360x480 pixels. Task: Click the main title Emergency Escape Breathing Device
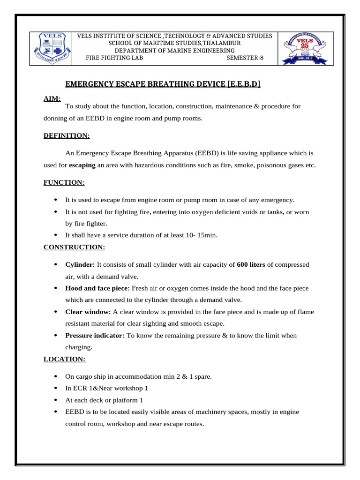coord(163,84)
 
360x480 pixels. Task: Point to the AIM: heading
coord(52,99)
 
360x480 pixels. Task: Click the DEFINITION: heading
coord(67,135)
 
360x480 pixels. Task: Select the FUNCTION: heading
coord(64,182)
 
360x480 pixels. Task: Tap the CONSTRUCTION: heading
coord(75,247)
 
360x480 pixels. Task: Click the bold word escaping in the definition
coord(82,165)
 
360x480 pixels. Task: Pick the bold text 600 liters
coord(251,264)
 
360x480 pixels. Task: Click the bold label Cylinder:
coord(80,264)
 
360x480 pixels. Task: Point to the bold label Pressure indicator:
coord(95,336)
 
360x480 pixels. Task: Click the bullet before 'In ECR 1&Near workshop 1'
coord(56,388)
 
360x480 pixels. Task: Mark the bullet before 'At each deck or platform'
coord(56,400)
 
